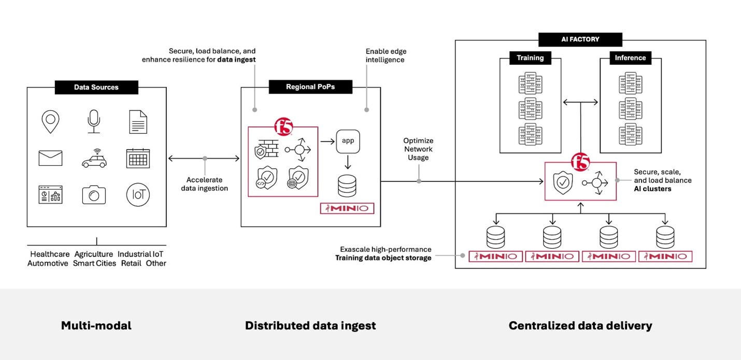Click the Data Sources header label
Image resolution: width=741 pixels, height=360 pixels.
[96, 87]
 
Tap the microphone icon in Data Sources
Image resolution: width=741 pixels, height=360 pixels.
[94, 121]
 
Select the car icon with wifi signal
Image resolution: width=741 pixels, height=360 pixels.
[95, 159]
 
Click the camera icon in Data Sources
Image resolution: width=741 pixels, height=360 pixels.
[94, 195]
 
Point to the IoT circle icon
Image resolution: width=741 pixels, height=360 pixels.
[138, 195]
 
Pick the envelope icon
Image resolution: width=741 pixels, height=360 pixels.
[50, 158]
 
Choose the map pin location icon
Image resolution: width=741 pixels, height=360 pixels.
[50, 122]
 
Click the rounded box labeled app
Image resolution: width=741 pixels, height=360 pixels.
[348, 141]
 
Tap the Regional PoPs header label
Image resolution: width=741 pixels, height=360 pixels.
[310, 87]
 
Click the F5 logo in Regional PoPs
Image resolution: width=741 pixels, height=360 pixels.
[283, 126]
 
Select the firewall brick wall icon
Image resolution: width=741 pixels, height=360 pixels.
[267, 149]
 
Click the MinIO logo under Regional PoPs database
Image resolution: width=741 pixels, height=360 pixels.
[347, 208]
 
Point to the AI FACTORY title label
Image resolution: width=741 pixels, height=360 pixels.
[580, 39]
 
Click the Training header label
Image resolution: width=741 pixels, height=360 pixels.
[530, 58]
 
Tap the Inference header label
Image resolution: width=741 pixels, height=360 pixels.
[630, 58]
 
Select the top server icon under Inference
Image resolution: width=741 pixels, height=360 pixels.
[631, 83]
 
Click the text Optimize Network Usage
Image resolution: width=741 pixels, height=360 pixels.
[418, 149]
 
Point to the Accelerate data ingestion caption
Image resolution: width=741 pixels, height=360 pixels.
[205, 184]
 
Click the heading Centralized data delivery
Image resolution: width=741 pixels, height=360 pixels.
[580, 326]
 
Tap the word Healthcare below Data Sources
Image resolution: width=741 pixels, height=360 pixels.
[50, 254]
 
